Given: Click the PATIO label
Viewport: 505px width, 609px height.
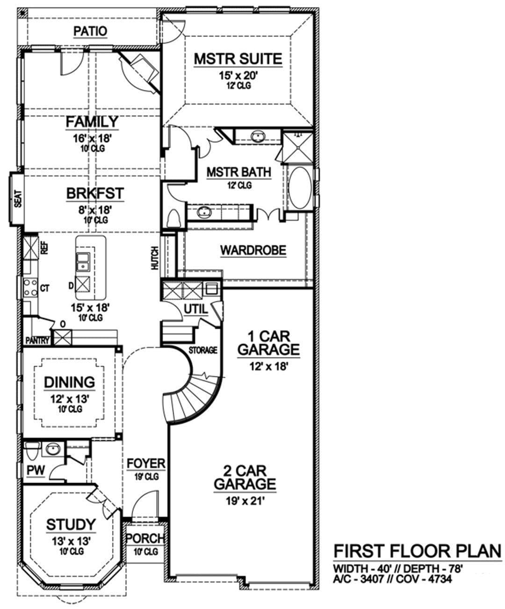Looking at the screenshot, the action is click(90, 31).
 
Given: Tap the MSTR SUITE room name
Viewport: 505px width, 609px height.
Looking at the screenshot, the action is click(238, 59).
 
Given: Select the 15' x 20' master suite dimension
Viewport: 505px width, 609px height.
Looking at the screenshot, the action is click(238, 76).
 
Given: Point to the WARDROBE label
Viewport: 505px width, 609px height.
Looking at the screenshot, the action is click(253, 250).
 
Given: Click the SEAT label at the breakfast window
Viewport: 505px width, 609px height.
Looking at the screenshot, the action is click(18, 199).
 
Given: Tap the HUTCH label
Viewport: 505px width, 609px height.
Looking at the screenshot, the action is click(155, 258).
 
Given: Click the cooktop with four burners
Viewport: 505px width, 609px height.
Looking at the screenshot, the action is click(30, 287).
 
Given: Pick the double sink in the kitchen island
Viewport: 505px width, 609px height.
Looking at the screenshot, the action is click(83, 262).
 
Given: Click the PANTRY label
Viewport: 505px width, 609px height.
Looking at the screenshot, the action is click(37, 340).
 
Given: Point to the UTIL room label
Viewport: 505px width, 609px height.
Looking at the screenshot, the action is click(196, 309).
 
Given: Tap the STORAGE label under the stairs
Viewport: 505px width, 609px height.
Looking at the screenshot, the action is click(203, 350).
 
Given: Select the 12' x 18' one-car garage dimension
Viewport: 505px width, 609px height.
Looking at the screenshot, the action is click(269, 367).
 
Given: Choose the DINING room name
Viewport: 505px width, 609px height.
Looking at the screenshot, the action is click(70, 382).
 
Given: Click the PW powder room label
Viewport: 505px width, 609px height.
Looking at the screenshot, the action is click(36, 470).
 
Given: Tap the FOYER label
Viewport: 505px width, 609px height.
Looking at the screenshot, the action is click(146, 463).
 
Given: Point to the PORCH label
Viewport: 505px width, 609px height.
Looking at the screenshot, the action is click(145, 538).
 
